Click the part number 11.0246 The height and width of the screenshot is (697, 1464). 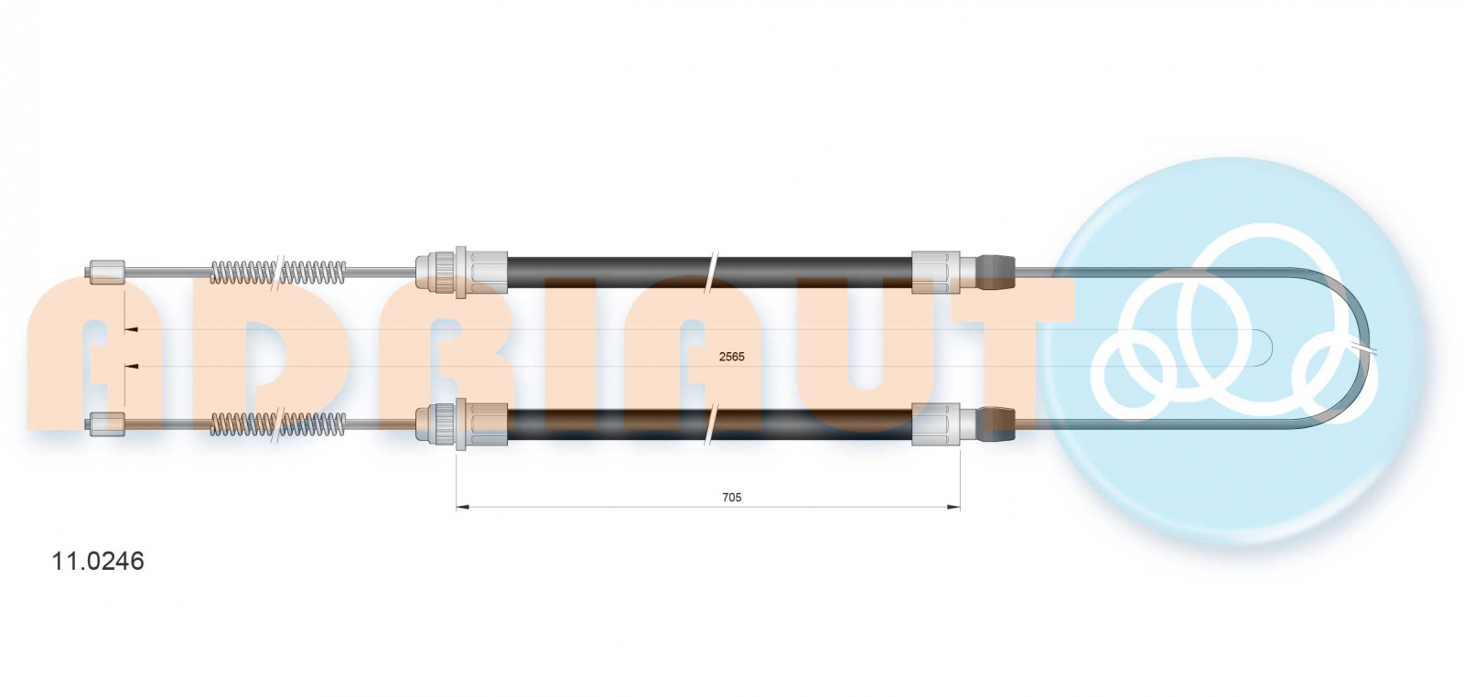(x=98, y=561)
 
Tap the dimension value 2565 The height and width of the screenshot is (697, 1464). (x=731, y=357)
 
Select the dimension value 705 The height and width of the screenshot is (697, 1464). (x=731, y=498)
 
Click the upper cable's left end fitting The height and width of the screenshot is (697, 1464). (x=107, y=271)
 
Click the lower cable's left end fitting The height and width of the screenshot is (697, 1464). (x=107, y=424)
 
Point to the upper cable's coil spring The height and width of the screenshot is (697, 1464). (x=278, y=272)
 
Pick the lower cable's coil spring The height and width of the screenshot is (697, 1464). (x=278, y=424)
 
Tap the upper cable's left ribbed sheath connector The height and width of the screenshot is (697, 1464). (x=461, y=272)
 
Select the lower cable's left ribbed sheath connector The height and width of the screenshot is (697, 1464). (x=461, y=424)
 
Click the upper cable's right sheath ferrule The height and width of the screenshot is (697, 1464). (x=936, y=272)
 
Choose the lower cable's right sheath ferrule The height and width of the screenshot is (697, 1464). (x=936, y=424)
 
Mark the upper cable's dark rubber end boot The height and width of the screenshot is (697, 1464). (x=995, y=272)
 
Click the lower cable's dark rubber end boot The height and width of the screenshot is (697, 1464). (x=995, y=424)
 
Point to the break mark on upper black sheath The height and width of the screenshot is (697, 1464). (x=711, y=272)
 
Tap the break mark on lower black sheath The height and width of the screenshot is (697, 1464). (x=711, y=424)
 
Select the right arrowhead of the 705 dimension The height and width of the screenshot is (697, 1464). (x=953, y=507)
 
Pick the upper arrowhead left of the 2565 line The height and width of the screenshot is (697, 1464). (x=132, y=329)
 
